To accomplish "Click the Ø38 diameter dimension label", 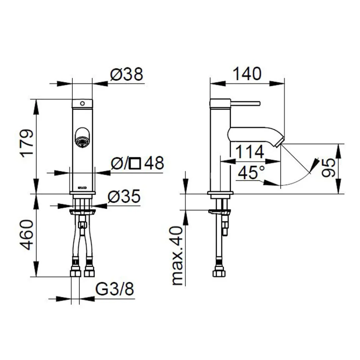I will tap(127, 75).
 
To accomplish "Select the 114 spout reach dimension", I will tap(249, 152).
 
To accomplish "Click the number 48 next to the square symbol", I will tap(153, 163).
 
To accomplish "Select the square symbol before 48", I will tap(135, 164).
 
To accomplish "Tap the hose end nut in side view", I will tap(219, 271).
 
